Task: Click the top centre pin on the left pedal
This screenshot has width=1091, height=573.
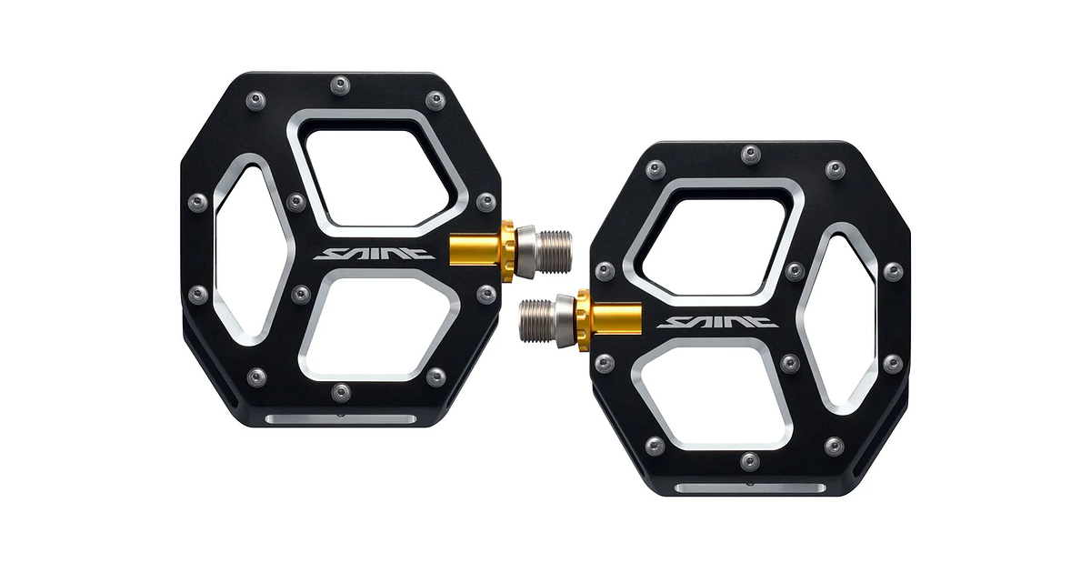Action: point(341,84)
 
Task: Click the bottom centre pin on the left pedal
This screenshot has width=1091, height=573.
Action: point(340,392)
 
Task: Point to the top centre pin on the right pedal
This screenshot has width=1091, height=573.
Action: point(749,154)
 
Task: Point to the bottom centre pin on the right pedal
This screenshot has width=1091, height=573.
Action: point(749,461)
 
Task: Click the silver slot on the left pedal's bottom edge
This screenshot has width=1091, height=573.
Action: point(341,419)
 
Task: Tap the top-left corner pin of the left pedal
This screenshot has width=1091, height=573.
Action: point(257,99)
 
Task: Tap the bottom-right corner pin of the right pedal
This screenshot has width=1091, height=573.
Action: point(834,446)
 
